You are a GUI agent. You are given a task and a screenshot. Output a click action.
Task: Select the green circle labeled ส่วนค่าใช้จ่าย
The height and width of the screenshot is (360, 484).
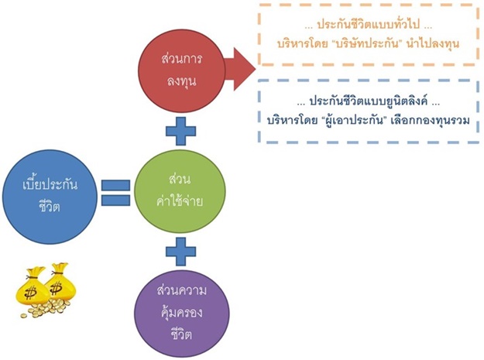click(x=180, y=190)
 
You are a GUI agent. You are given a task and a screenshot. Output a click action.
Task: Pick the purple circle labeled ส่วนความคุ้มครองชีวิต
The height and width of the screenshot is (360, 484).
click(x=180, y=310)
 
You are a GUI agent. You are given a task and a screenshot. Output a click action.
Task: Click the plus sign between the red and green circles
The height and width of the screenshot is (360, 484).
click(x=180, y=132)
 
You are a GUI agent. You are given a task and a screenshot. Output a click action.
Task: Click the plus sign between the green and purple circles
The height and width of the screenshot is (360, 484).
click(x=180, y=251)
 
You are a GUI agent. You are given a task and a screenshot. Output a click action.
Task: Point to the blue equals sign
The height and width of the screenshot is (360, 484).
click(x=114, y=191)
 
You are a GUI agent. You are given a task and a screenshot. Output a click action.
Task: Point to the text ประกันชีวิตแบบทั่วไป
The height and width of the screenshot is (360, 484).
click(x=366, y=26)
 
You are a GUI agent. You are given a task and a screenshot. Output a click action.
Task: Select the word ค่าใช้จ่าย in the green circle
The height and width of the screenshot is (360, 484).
click(x=180, y=200)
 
